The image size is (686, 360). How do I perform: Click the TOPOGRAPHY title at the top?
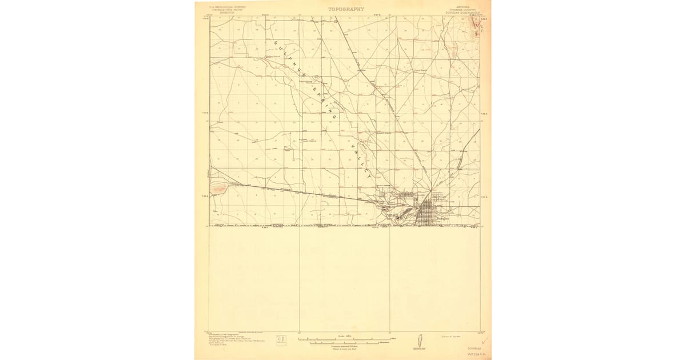click(x=346, y=9)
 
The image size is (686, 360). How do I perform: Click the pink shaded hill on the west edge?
click(x=218, y=187)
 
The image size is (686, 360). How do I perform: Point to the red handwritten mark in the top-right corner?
click(x=475, y=23)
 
